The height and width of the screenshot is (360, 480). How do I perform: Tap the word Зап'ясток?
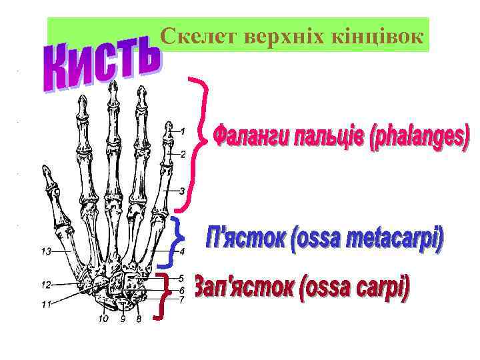click(243, 288)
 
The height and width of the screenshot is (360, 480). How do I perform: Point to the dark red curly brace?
click(162, 295)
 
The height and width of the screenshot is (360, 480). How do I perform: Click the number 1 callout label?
click(183, 130)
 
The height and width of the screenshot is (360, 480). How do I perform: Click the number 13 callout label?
click(46, 251)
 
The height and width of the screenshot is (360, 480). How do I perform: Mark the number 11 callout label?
click(46, 305)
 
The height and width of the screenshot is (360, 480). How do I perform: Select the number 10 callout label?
click(103, 319)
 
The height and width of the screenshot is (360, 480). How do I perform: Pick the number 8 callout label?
click(139, 319)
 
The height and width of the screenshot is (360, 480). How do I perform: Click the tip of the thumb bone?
click(45, 167)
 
